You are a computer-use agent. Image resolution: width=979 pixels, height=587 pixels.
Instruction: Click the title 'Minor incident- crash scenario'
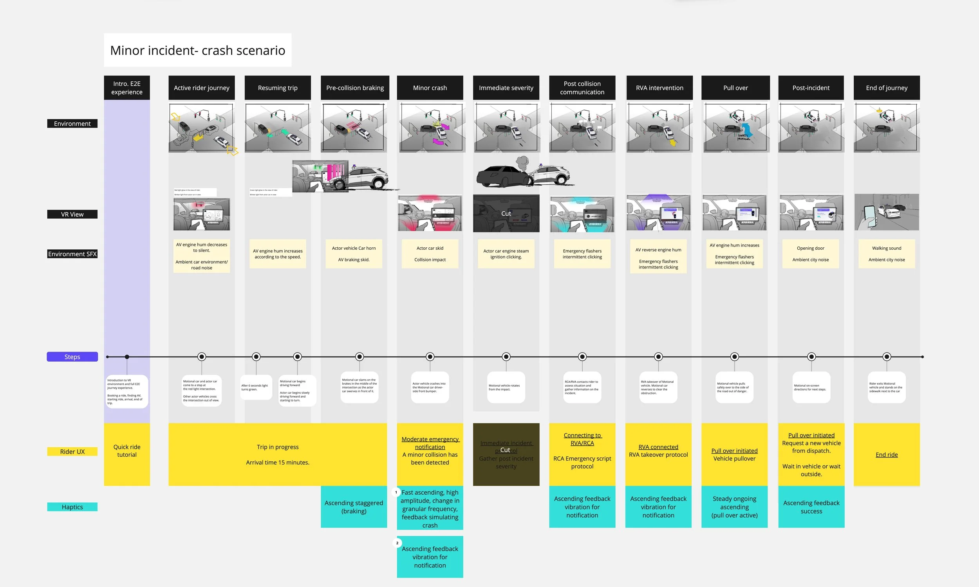(x=197, y=50)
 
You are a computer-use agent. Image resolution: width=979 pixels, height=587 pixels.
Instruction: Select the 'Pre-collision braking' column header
(x=355, y=88)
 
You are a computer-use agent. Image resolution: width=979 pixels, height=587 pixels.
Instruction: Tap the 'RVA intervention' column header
(x=659, y=88)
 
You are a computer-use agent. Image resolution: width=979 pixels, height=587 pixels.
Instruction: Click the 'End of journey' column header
(x=887, y=88)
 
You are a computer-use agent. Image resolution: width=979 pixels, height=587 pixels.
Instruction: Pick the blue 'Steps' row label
(x=72, y=357)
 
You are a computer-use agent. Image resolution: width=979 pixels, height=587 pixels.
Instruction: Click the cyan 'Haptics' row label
(x=72, y=507)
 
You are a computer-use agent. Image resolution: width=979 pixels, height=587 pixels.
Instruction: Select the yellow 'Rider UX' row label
(x=72, y=451)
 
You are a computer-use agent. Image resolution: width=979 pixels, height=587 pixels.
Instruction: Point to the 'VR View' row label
(x=72, y=214)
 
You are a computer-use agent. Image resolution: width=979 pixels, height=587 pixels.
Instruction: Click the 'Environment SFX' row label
(x=72, y=254)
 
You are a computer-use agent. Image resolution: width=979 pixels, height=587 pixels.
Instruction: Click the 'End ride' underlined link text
(x=887, y=454)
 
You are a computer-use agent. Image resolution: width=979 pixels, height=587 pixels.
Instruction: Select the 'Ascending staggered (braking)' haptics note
(x=354, y=507)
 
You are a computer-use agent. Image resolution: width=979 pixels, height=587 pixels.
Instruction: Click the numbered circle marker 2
(x=397, y=543)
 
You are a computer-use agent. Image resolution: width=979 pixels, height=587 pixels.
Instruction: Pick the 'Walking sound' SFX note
(x=887, y=254)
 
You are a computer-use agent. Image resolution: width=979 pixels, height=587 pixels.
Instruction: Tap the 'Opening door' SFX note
(x=811, y=254)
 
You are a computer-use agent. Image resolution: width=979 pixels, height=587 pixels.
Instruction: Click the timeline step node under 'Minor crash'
(x=430, y=357)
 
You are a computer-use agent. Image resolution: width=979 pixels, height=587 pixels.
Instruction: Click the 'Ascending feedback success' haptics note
(x=811, y=507)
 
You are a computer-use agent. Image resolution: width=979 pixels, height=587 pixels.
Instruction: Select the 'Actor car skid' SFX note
(x=430, y=254)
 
